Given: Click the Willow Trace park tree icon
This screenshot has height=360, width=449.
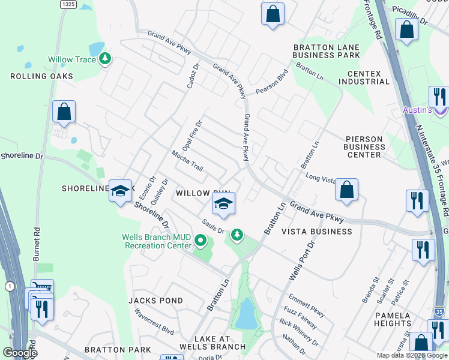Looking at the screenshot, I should click(106, 59).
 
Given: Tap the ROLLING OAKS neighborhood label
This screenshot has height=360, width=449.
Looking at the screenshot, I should click(41, 76).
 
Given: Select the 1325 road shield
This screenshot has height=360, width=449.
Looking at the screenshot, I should click(68, 4).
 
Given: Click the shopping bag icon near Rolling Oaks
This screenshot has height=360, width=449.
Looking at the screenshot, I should click(64, 112).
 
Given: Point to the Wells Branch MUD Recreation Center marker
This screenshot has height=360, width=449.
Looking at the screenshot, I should click(201, 242).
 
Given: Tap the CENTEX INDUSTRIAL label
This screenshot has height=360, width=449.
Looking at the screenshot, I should click(364, 77).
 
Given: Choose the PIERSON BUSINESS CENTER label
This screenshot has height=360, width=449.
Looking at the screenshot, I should click(364, 147).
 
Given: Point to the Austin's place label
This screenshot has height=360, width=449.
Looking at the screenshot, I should click(417, 110).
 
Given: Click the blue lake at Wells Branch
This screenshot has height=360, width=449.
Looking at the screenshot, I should click(246, 314).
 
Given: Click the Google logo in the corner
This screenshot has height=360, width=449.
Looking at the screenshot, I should click(20, 353).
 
